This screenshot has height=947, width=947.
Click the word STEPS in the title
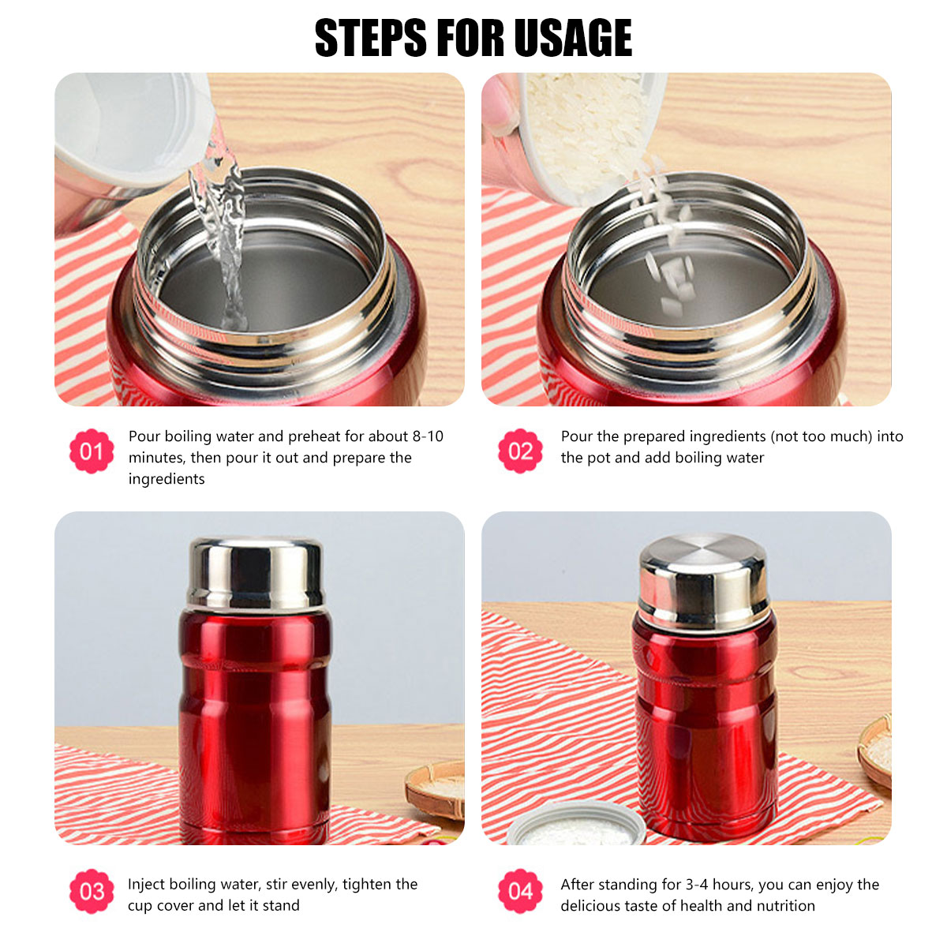point(371,38)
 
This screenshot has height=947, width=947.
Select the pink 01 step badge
point(92,451)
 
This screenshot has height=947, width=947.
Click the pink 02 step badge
point(520,451)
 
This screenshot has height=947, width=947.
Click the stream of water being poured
point(221,231)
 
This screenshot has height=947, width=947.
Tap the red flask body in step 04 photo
point(706,728)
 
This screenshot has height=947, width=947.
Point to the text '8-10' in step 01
point(428,436)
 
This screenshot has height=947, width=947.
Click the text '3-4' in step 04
point(698,885)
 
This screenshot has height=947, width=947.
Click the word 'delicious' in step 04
point(590,906)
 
